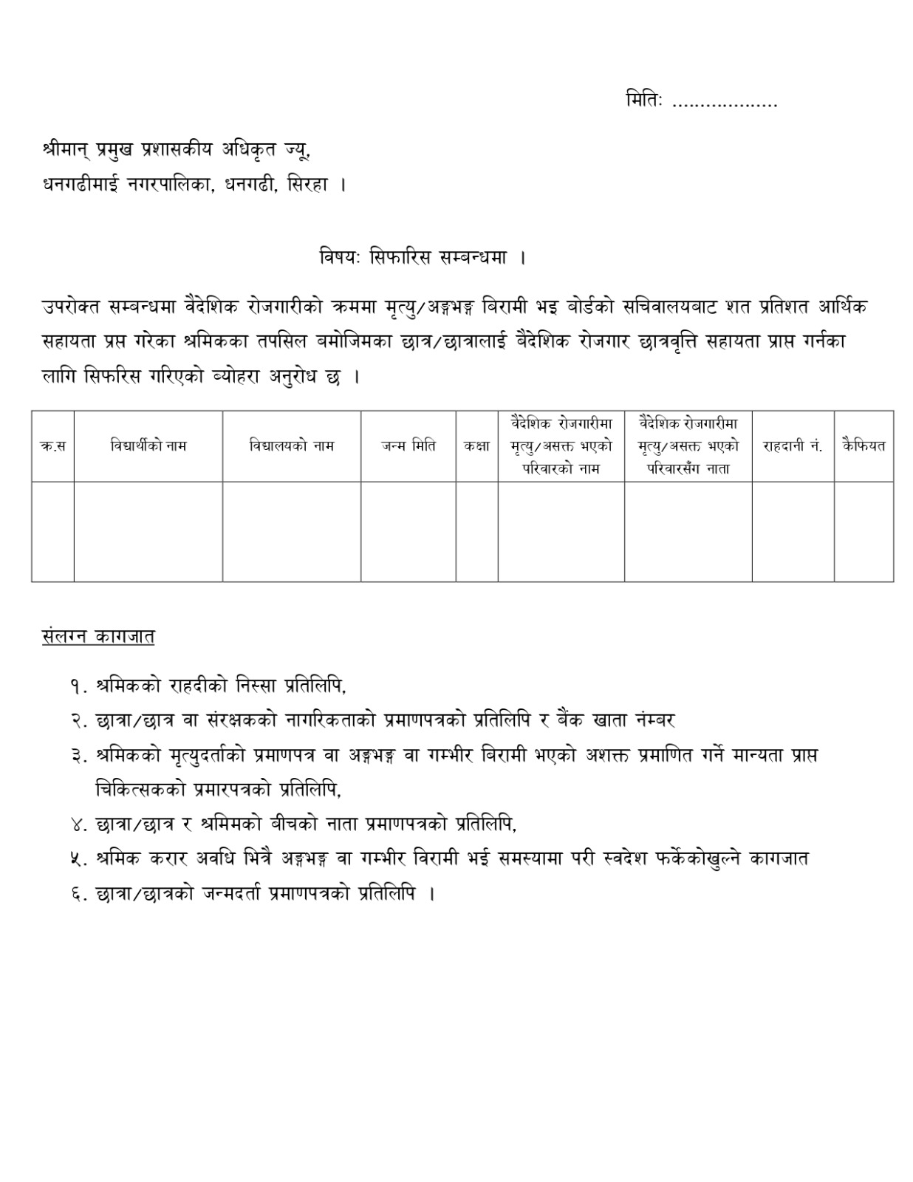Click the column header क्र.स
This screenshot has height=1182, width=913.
coord(52,446)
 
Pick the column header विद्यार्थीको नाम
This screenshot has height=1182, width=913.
coord(148,445)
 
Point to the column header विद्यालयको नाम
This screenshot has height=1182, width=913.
coord(292,445)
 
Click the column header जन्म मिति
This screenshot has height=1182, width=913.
coord(408,445)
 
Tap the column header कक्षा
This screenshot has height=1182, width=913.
coord(476,445)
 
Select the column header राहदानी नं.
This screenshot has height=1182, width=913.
coord(793,446)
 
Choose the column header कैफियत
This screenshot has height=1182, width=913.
coord(864,445)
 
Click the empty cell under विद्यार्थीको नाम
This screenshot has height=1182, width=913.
coord(148,531)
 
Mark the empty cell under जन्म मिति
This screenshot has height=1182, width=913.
coord(408,531)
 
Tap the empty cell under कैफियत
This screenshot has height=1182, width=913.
coord(864,531)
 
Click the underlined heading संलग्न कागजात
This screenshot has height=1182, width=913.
coord(98,636)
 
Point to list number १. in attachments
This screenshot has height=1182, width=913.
coord(80,686)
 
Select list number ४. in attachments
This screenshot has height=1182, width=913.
coord(80,824)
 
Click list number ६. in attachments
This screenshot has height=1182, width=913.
coord(80,894)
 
